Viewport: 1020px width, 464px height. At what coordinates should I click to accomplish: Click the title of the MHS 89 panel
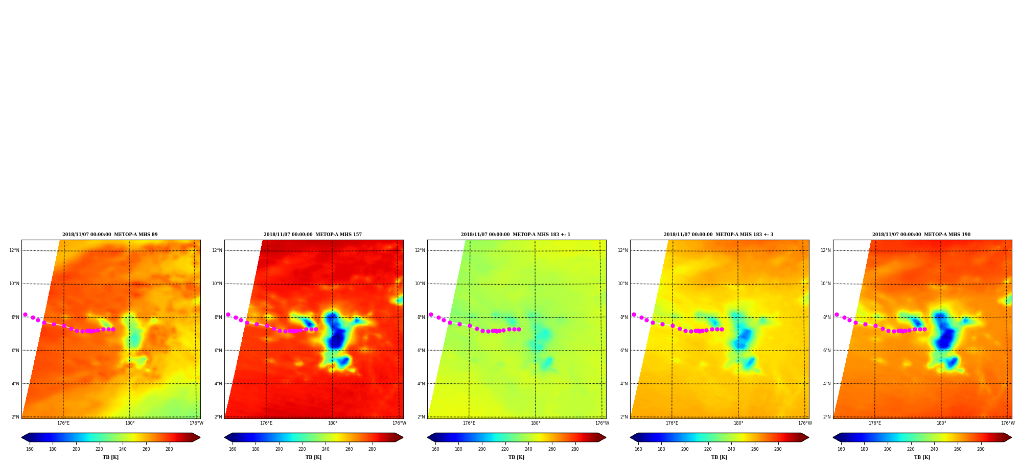click(x=110, y=235)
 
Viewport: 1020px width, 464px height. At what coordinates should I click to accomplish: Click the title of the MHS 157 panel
click(x=313, y=235)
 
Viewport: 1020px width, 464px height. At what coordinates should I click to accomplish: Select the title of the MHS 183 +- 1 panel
click(x=516, y=235)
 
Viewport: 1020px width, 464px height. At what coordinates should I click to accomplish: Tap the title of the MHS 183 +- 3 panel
click(x=718, y=235)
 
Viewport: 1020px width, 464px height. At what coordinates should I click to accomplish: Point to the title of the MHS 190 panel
click(x=921, y=235)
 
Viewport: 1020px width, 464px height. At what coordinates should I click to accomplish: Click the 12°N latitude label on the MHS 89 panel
click(x=14, y=250)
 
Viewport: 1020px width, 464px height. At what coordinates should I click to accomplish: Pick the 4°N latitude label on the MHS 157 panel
click(x=218, y=384)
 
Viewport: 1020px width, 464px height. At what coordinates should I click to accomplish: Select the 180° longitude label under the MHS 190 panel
click(x=941, y=423)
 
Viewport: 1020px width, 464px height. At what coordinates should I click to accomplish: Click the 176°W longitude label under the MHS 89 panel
click(x=196, y=423)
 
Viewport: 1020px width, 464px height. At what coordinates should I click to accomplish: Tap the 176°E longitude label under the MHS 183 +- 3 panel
click(x=672, y=423)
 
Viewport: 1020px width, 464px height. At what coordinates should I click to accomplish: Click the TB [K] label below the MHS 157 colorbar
click(x=314, y=457)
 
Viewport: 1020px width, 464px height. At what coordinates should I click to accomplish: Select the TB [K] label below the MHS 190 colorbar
click(x=922, y=457)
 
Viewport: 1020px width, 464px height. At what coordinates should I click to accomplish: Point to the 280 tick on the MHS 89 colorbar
click(x=169, y=449)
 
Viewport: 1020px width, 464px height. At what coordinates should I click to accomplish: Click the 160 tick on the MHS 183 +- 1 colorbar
click(x=435, y=449)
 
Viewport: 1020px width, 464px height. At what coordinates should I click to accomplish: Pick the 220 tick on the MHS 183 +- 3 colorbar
click(x=708, y=449)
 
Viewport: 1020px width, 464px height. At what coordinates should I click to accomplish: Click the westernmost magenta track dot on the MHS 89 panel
click(x=25, y=315)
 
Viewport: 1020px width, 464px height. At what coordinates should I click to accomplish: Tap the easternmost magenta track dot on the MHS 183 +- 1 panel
click(x=519, y=329)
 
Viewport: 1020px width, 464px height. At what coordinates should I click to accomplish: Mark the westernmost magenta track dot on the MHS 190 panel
click(x=837, y=315)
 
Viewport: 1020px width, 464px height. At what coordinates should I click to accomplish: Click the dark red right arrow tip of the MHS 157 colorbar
click(x=403, y=437)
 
